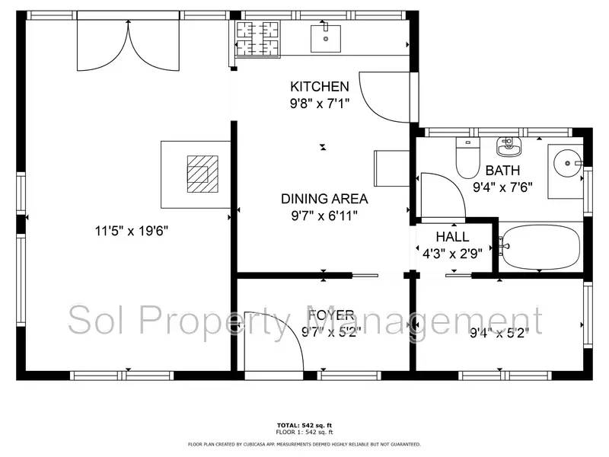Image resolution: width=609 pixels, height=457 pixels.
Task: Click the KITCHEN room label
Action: [x=320, y=86]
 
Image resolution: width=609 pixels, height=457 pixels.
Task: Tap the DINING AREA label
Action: [x=324, y=199]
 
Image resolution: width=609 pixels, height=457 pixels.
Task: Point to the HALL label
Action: [x=452, y=237]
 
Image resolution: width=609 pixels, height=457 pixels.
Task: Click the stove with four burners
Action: [x=257, y=38]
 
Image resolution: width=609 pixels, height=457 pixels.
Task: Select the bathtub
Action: [x=539, y=247]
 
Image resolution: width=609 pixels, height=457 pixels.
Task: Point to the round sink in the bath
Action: [x=566, y=161]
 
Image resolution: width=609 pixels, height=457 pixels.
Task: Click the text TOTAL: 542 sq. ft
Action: [x=304, y=424]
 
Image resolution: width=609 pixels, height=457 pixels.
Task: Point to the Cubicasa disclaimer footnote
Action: [x=304, y=443]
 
